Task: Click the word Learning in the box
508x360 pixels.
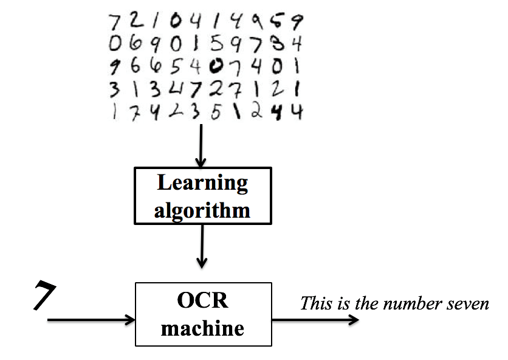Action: (x=202, y=183)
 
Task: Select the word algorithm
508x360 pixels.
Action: (x=202, y=210)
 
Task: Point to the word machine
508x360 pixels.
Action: (x=203, y=328)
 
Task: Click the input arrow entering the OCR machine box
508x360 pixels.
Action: (x=91, y=319)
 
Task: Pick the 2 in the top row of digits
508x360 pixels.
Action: (x=134, y=22)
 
